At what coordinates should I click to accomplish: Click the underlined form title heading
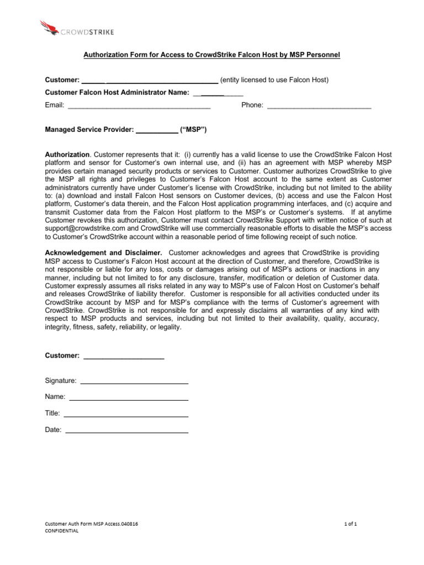tap(211, 55)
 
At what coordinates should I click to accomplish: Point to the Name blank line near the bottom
tap(129, 398)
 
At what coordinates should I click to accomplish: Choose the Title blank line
tap(126, 414)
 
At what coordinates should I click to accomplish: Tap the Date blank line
tap(126, 431)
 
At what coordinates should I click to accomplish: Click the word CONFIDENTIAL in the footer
tap(61, 531)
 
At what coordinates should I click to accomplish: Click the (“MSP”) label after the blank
tap(193, 130)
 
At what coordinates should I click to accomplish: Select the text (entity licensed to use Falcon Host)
tap(274, 80)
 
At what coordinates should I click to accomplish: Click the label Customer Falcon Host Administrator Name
tap(117, 93)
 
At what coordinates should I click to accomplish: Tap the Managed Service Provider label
tap(89, 130)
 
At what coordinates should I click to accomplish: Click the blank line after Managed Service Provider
tap(157, 131)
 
